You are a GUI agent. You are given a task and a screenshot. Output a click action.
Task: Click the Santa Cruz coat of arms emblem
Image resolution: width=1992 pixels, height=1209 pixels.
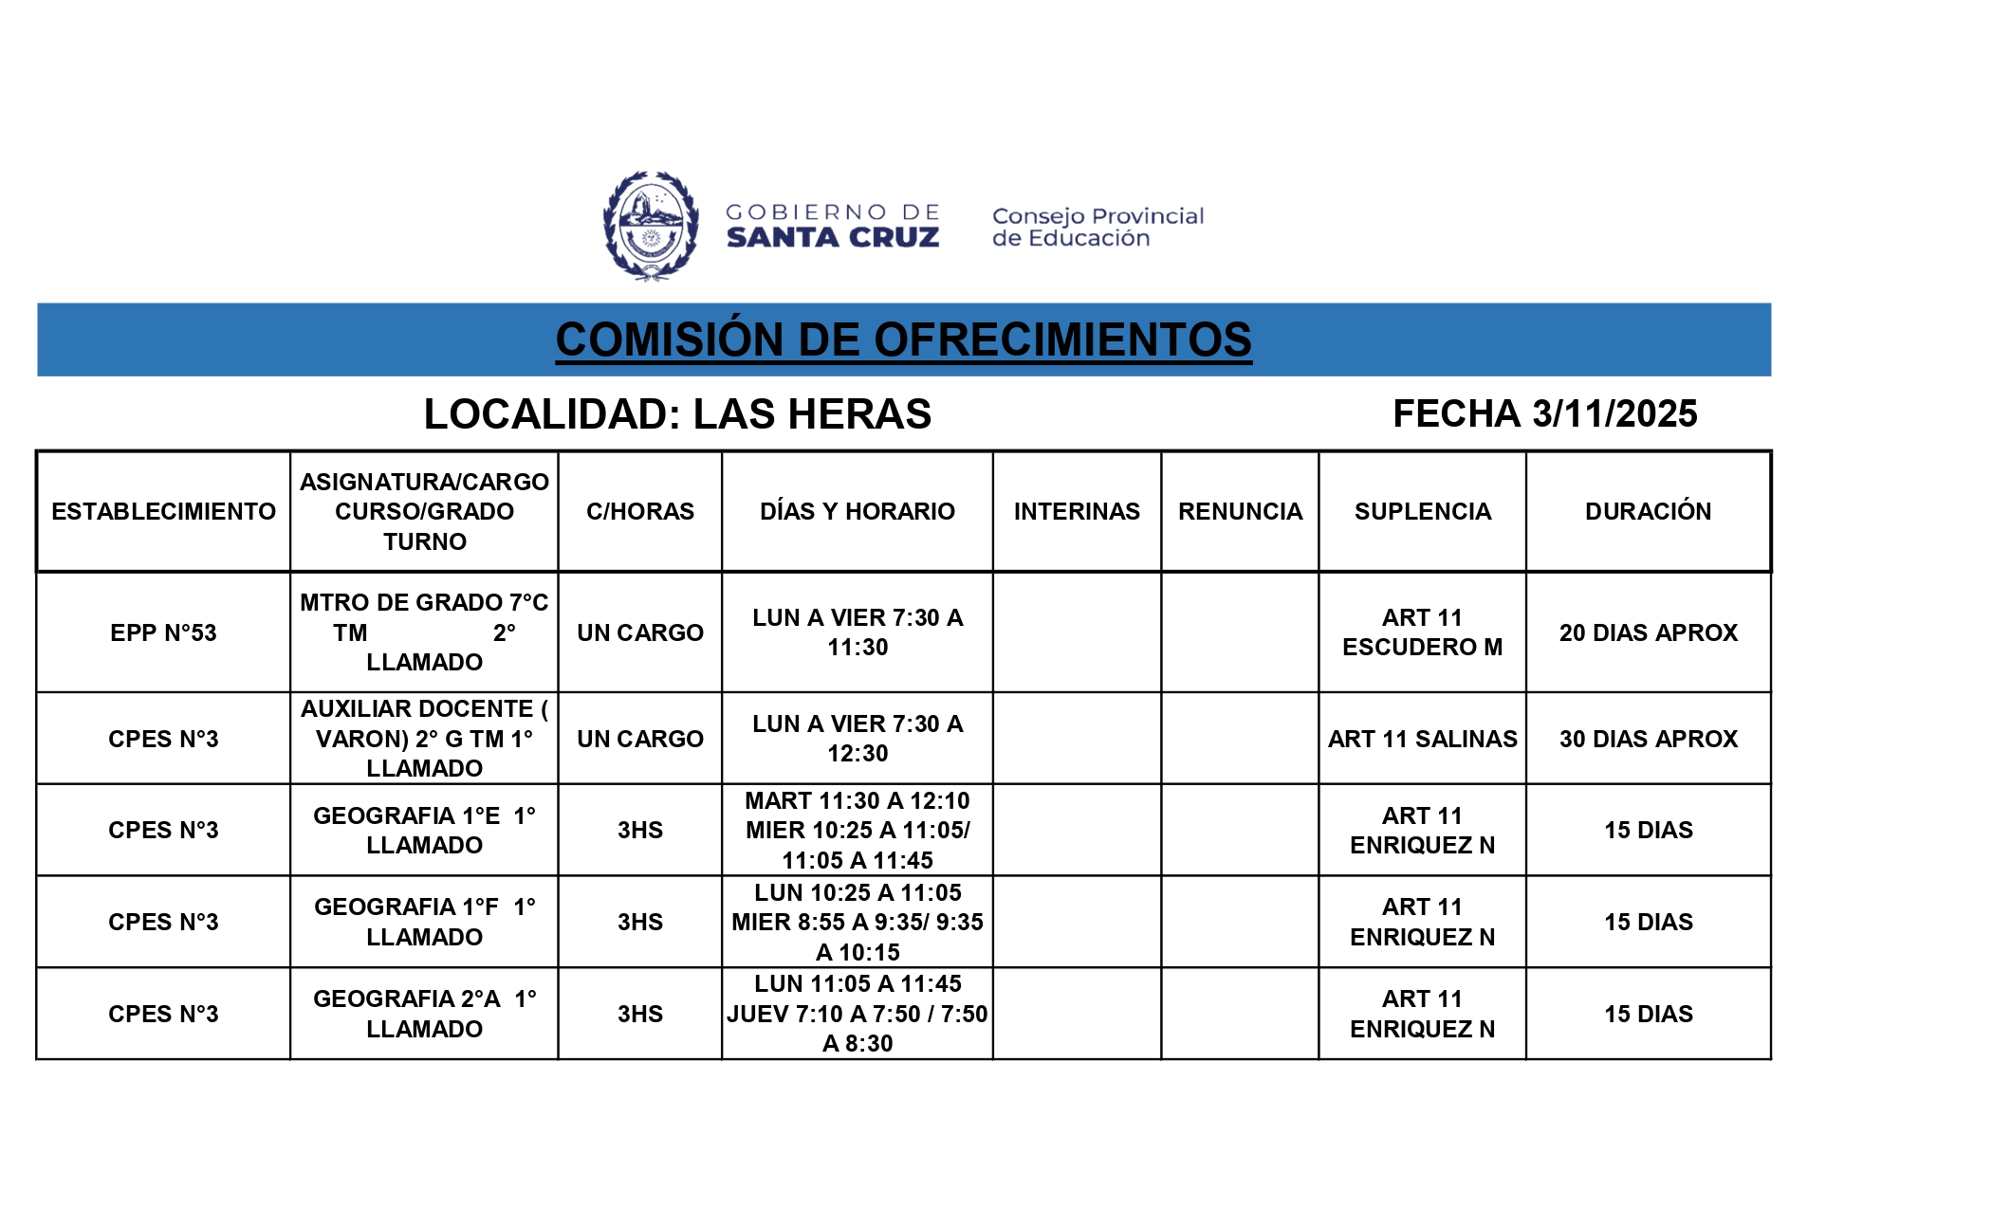(x=651, y=226)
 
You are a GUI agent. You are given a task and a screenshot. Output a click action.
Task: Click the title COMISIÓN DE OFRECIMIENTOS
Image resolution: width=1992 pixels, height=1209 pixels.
(x=903, y=339)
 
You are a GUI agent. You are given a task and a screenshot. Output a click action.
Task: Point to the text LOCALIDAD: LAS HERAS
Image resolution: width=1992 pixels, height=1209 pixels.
(x=677, y=413)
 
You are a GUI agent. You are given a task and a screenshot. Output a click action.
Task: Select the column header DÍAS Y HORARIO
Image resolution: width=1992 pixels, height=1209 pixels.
(x=857, y=511)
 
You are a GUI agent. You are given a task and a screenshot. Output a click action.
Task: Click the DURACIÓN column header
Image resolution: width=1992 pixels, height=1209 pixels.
(x=1648, y=511)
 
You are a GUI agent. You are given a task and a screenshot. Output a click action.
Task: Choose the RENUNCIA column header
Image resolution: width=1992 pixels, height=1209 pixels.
(x=1240, y=511)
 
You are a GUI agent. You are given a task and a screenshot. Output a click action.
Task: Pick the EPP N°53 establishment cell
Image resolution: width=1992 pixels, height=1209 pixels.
(x=163, y=632)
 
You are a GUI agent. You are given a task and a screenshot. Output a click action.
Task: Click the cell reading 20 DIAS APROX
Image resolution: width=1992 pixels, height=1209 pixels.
(x=1648, y=632)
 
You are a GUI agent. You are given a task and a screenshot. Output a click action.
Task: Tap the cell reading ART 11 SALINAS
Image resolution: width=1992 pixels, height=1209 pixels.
(x=1422, y=739)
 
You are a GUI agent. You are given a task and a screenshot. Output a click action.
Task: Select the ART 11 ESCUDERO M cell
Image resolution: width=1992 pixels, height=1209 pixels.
(x=1422, y=632)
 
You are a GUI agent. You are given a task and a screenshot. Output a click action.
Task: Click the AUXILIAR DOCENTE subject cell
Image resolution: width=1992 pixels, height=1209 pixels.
(x=424, y=738)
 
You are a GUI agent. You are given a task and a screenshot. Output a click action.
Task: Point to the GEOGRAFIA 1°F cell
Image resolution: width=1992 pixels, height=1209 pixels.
(x=424, y=922)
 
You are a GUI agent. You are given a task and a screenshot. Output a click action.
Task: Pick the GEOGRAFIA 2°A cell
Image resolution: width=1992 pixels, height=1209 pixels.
(x=424, y=1014)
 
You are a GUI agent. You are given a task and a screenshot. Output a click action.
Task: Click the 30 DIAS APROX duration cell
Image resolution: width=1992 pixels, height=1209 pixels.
(x=1648, y=739)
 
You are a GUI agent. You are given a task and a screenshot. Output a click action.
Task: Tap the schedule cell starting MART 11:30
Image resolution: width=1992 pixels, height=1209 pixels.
(x=857, y=830)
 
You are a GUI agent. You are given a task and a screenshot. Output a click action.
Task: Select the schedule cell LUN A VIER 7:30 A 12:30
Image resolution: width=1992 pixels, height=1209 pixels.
(x=857, y=739)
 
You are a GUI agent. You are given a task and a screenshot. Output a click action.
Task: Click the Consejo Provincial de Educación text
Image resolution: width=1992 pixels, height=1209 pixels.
(x=1097, y=227)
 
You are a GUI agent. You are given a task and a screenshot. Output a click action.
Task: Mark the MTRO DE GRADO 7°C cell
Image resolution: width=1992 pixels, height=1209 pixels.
(x=424, y=632)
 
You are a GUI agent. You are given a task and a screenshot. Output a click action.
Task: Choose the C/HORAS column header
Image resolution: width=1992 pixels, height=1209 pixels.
(x=639, y=511)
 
